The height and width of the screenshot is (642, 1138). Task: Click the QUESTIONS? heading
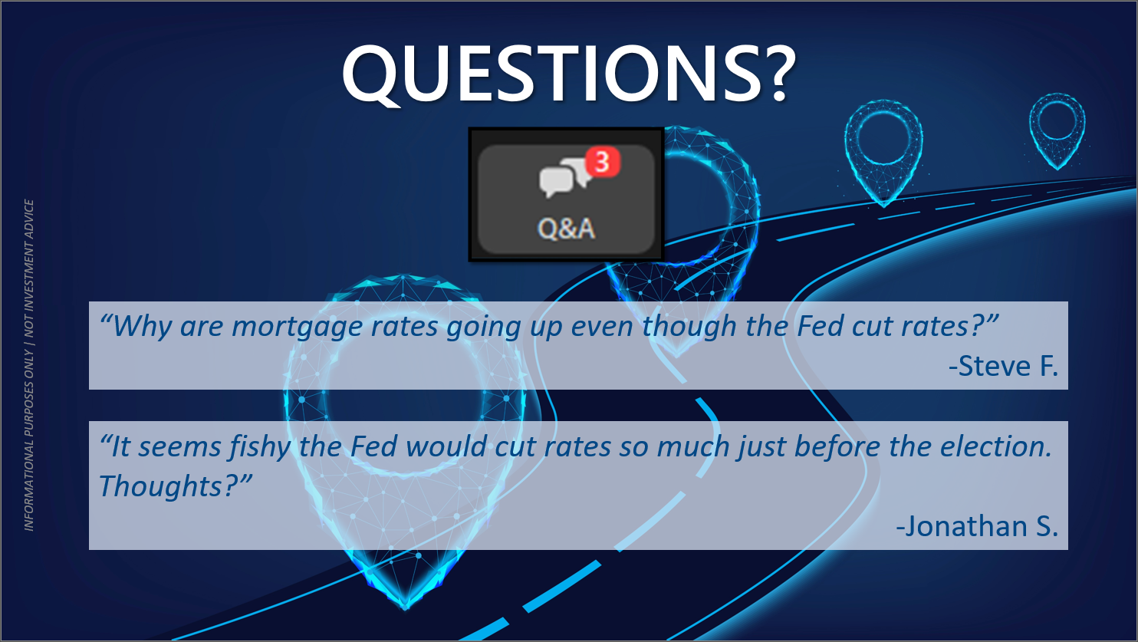[569, 74]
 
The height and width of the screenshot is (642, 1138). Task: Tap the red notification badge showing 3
[603, 162]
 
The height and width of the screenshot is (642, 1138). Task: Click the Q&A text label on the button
[566, 229]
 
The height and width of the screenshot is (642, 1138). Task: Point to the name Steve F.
[1003, 366]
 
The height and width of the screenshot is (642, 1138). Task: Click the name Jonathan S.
[977, 526]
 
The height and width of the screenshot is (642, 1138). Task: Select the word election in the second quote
[995, 446]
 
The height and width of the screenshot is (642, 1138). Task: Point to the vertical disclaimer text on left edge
[29, 365]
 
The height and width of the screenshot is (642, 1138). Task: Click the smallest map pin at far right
[1057, 130]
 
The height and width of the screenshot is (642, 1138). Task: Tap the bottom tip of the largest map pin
[406, 608]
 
